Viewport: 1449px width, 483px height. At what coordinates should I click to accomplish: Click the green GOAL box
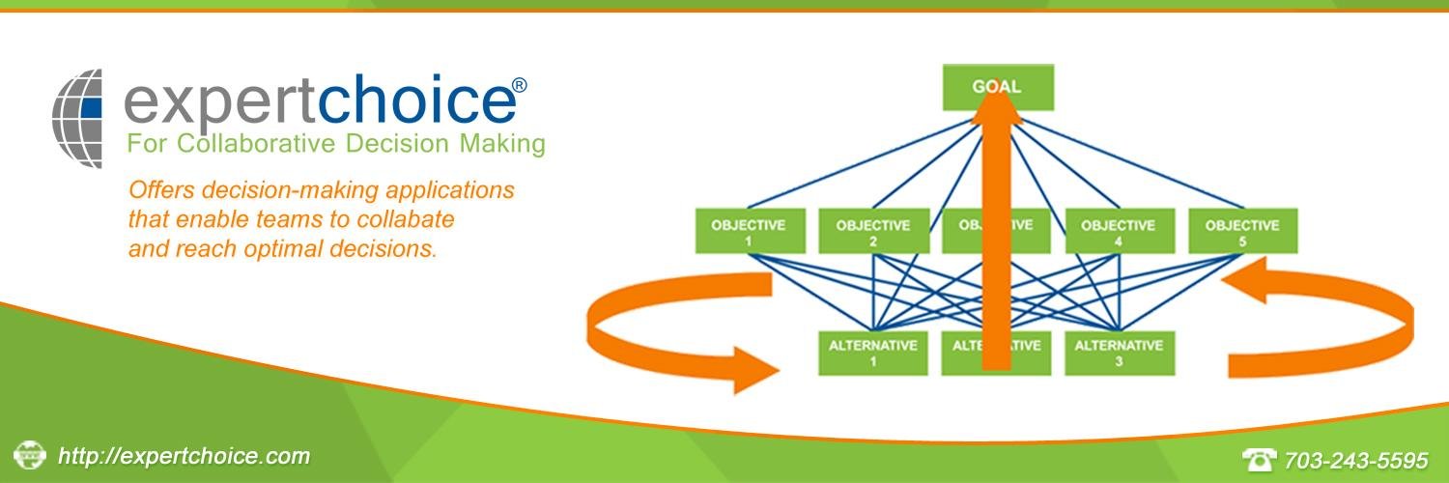[x=997, y=87]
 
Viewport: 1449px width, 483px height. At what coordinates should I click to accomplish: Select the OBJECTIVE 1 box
[x=748, y=231]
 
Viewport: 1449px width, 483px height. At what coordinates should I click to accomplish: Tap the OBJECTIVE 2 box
[x=871, y=231]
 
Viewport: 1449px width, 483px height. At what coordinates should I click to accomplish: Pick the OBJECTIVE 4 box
[x=1118, y=231]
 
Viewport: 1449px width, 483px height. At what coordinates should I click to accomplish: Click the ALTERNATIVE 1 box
[x=871, y=353]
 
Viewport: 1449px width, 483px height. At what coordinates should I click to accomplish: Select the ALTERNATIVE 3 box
[x=1119, y=353]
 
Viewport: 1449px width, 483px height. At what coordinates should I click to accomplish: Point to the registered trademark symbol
[x=519, y=85]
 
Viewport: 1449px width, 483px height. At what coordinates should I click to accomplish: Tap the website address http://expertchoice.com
[x=185, y=456]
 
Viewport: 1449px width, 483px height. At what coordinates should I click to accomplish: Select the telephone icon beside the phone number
[x=1259, y=459]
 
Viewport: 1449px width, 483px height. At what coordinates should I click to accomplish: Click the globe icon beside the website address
[x=30, y=453]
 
